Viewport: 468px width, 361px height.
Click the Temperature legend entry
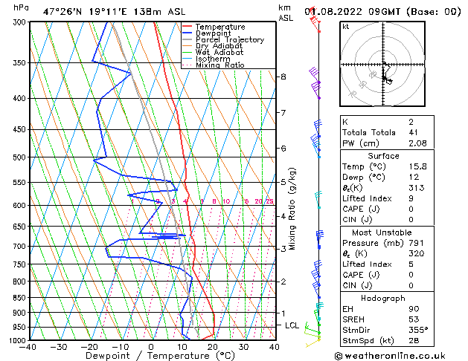click(x=220, y=27)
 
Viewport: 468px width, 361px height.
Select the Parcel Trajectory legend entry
click(x=229, y=39)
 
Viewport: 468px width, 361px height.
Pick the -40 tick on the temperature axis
click(x=28, y=347)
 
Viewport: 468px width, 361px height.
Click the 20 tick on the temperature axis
click(x=213, y=347)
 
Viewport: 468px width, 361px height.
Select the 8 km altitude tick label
click(x=283, y=77)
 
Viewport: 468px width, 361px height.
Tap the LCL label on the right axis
click(x=292, y=325)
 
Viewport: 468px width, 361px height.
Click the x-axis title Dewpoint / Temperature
click(x=151, y=356)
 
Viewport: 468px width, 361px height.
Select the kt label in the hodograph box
click(x=345, y=26)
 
